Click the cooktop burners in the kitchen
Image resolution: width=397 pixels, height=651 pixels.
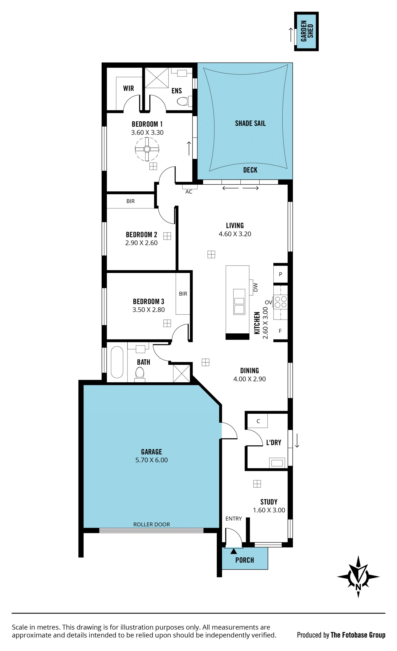(281, 302)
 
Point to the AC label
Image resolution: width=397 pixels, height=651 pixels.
(189, 192)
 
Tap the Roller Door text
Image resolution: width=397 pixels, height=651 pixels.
(152, 524)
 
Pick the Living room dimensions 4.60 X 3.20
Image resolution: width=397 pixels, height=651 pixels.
(235, 234)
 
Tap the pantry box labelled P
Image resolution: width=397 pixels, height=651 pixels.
(281, 274)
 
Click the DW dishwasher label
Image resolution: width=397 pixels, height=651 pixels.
(255, 287)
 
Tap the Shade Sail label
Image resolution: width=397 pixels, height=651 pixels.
(250, 123)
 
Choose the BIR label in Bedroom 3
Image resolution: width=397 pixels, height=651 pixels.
(183, 294)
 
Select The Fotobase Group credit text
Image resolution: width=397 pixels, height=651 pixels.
(358, 635)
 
